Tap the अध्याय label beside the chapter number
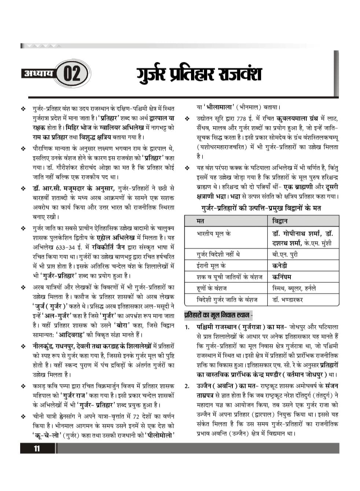(38, 73)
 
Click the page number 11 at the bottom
(37, 448)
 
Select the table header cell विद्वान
(280, 221)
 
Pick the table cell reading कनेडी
(280, 265)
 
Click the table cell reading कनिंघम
(282, 277)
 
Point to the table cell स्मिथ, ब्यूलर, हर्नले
(294, 288)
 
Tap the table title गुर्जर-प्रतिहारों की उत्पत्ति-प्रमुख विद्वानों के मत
(261, 208)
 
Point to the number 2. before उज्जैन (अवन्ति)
(187, 386)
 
